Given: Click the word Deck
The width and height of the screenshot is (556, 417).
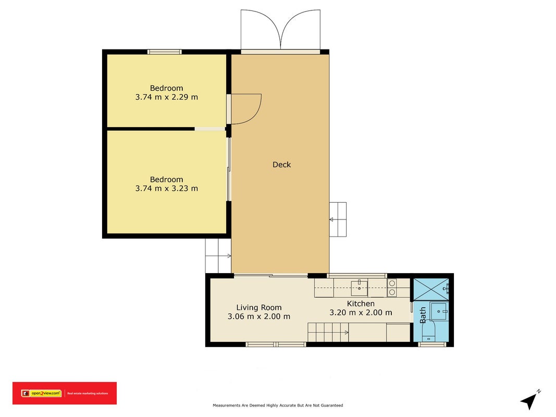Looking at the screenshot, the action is [281, 165].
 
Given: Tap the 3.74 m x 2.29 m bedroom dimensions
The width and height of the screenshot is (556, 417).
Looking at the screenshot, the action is [167, 97].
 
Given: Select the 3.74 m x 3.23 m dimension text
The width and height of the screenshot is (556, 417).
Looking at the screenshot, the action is [167, 189].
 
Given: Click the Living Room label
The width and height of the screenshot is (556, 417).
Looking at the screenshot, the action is [259, 308].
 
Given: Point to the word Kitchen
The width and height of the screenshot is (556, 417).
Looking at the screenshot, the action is [361, 303].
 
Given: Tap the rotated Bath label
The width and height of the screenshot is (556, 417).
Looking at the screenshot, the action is [423, 315].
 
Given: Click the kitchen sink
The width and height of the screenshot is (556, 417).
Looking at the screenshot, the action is [359, 288].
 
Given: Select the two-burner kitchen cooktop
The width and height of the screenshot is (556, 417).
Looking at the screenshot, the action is [392, 288].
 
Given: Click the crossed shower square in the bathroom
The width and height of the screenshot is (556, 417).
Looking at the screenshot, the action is [431, 290].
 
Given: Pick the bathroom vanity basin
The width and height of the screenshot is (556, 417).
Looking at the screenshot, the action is [439, 312].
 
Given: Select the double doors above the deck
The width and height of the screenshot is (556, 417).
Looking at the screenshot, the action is [280, 30].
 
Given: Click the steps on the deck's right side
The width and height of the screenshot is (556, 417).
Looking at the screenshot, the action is [338, 219].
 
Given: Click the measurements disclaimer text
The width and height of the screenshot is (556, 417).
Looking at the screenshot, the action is [278, 406].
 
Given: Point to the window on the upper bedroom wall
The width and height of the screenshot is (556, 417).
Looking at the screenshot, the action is [165, 52].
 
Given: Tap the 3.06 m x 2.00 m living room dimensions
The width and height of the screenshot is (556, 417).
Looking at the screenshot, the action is [259, 316].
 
